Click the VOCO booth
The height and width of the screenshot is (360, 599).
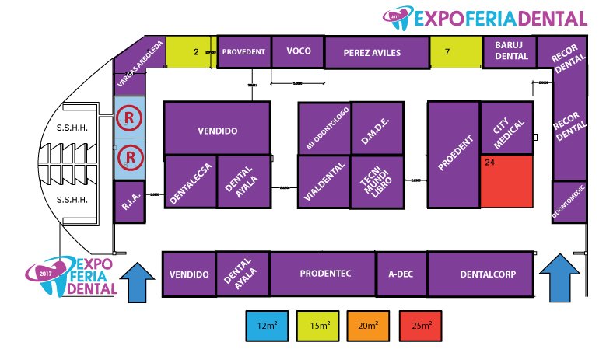pyautogui.click(x=299, y=52)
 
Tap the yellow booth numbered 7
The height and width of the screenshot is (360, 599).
pyautogui.click(x=456, y=52)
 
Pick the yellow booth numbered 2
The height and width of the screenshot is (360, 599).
pyautogui.click(x=191, y=52)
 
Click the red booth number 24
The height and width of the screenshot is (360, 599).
pyautogui.click(x=506, y=181)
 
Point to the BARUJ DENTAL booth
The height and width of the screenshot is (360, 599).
pyautogui.click(x=511, y=51)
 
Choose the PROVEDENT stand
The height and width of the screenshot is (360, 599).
pyautogui.click(x=244, y=52)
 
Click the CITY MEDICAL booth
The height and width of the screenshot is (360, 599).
pyautogui.click(x=506, y=128)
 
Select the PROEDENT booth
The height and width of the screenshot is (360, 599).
pyautogui.click(x=454, y=155)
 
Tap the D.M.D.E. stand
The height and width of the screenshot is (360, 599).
pyautogui.click(x=377, y=128)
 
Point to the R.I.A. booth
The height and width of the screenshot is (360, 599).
pyautogui.click(x=129, y=202)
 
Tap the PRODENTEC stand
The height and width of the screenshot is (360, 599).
pyautogui.click(x=322, y=274)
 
